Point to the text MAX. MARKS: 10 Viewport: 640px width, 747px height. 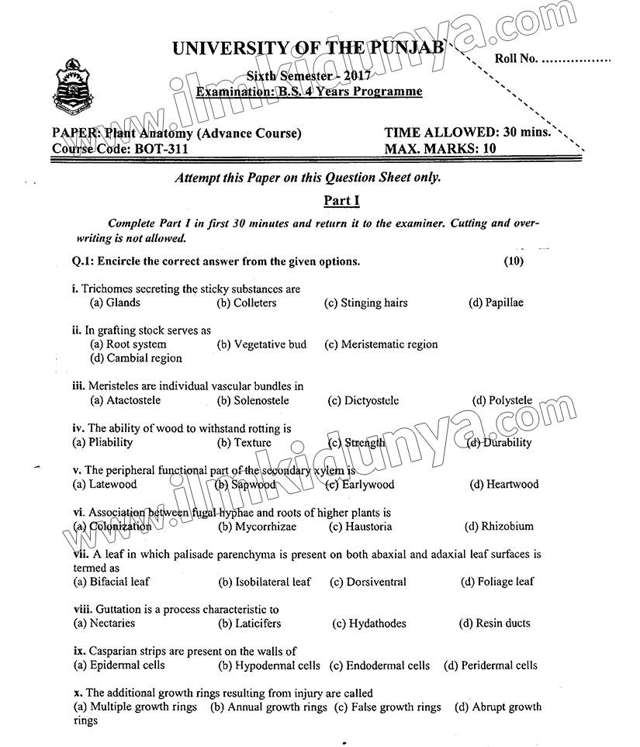point(440,147)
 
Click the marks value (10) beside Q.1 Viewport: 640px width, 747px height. point(514,261)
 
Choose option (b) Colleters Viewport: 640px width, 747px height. point(246,303)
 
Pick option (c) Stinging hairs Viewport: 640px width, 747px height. point(365,303)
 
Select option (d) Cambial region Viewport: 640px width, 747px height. point(136,358)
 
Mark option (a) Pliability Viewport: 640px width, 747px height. point(102,442)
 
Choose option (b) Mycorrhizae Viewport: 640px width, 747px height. point(257,526)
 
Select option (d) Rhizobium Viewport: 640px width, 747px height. point(499,526)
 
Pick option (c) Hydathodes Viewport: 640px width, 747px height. point(368,623)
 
